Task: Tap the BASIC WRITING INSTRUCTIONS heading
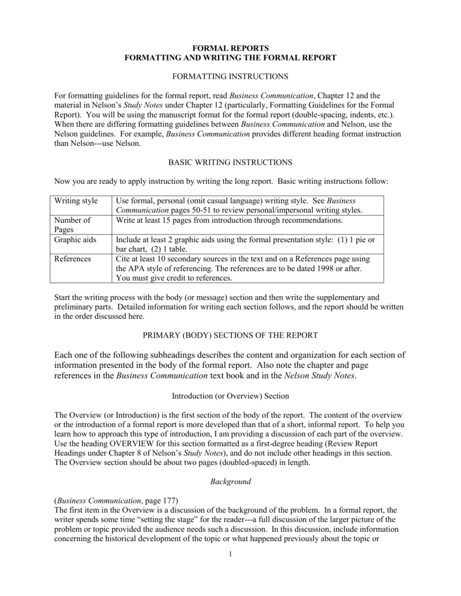[231, 162]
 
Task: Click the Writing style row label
[76, 201]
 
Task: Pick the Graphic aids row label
[76, 239]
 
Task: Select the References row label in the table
[72, 258]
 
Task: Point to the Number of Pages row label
[72, 225]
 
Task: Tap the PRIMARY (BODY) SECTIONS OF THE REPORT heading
[231, 335]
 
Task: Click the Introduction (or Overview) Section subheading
[231, 395]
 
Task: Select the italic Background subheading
[231, 481]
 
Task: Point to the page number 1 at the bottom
[231, 553]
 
